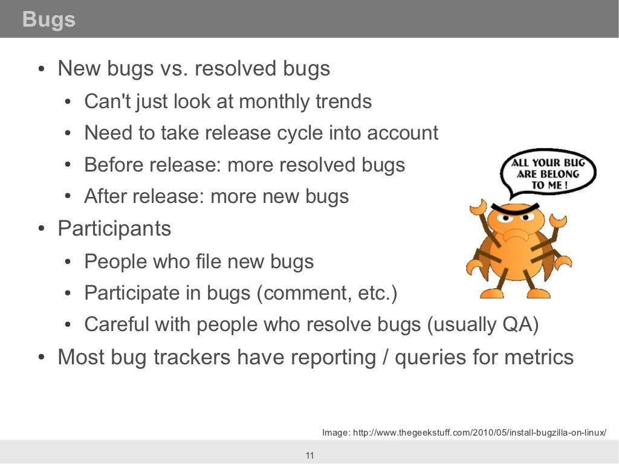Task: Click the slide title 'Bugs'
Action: [48, 19]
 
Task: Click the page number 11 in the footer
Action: [309, 456]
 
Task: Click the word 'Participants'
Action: [114, 229]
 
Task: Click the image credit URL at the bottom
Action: [464, 433]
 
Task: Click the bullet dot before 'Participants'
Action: [41, 230]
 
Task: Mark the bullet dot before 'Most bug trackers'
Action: [41, 358]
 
